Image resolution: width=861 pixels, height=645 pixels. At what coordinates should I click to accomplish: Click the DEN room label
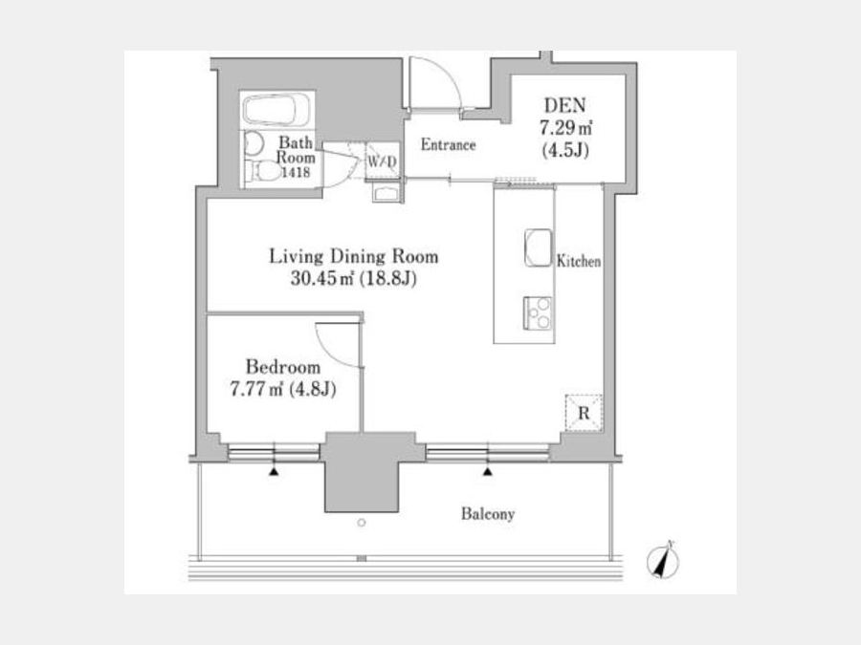click(x=565, y=105)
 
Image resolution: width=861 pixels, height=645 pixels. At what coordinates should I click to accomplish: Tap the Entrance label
click(x=448, y=145)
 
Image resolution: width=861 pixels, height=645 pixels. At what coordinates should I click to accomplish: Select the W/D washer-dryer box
click(x=382, y=161)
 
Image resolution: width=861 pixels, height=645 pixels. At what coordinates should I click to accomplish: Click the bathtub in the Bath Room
click(x=277, y=110)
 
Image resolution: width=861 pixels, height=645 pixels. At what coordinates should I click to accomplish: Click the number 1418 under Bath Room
click(x=296, y=173)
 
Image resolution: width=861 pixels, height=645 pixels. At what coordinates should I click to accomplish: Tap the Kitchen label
click(x=579, y=261)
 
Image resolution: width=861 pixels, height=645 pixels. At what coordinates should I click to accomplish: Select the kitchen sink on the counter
click(x=538, y=247)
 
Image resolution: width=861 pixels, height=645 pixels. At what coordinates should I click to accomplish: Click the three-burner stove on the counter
click(x=537, y=313)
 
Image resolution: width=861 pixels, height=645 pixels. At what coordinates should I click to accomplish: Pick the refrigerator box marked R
click(x=584, y=413)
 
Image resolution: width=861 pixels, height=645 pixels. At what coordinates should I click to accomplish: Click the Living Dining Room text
click(x=354, y=256)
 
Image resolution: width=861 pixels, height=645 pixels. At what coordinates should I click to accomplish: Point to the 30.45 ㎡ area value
click(x=321, y=279)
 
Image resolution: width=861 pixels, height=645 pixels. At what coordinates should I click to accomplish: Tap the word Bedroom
click(x=283, y=366)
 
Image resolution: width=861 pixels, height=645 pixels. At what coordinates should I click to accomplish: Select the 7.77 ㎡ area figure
click(x=256, y=390)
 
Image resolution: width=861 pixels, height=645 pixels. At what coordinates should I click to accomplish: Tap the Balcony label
click(x=488, y=514)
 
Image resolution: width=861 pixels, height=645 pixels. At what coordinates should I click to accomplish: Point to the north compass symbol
click(x=663, y=561)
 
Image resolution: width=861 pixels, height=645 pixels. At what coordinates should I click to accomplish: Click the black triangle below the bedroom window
click(x=274, y=471)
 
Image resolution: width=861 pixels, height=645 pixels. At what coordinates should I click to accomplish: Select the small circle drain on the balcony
click(x=362, y=523)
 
